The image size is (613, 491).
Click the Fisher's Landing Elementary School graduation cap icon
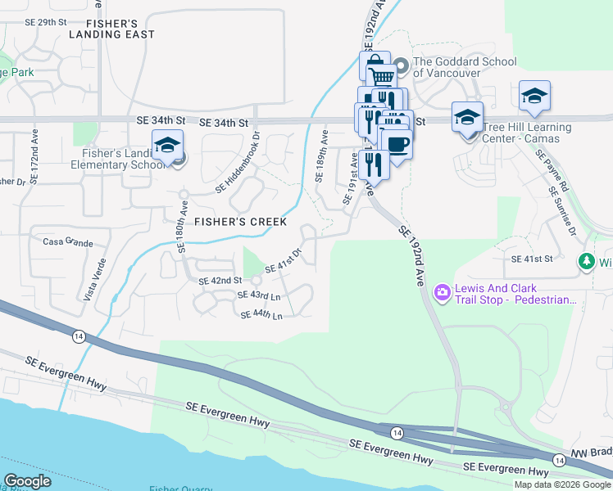click(167, 146)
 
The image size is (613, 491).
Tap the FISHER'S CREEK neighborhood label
click(240, 222)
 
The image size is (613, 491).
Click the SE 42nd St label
click(220, 281)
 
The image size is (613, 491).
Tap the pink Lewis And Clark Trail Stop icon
click(443, 291)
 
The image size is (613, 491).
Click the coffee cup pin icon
click(397, 144)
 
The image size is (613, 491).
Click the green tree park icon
click(586, 262)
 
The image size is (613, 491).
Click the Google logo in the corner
click(27, 481)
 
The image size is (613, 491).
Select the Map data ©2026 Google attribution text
click(562, 484)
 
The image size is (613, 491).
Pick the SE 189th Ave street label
click(320, 164)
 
